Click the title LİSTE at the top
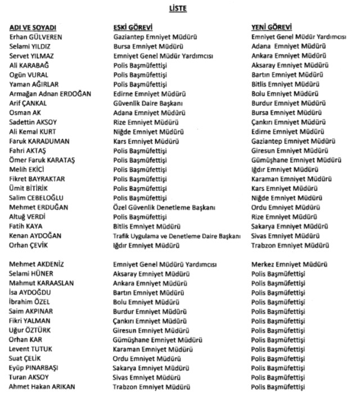pyautogui.click(x=179, y=8)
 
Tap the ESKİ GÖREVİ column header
pyautogui.click(x=133, y=27)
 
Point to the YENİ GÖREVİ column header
pyautogui.click(x=272, y=27)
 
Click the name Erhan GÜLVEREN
pyautogui.click(x=35, y=37)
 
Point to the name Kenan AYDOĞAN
pyautogui.click(x=35, y=236)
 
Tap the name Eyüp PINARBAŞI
pyautogui.click(x=34, y=368)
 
